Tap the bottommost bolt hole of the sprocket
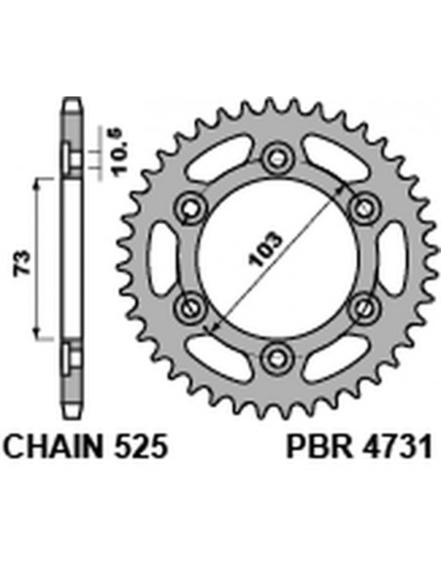(x=277, y=353)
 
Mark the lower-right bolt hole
(x=363, y=305)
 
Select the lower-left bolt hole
(x=191, y=305)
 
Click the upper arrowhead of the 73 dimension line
(x=39, y=185)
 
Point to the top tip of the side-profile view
(x=70, y=100)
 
